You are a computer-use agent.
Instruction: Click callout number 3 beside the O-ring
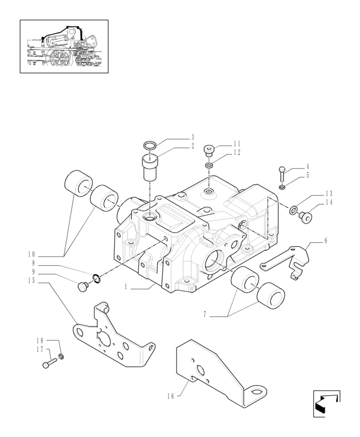pos(193,137)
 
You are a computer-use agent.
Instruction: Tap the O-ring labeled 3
pos(150,145)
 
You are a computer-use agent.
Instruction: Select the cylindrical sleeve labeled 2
pos(150,168)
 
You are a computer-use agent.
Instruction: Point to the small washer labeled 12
pos(209,166)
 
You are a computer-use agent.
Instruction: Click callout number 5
pos(308,176)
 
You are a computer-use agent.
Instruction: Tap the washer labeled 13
pos(294,210)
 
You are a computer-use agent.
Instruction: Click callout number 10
pos(31,254)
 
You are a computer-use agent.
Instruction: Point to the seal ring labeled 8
pos(96,278)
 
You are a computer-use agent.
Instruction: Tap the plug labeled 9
pos(83,287)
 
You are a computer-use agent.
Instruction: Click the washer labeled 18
pos(61,356)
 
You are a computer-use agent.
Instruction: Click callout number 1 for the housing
pos(126,287)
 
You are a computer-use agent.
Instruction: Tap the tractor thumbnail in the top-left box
pos(64,46)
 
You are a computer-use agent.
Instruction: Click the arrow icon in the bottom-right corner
pos(326,403)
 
